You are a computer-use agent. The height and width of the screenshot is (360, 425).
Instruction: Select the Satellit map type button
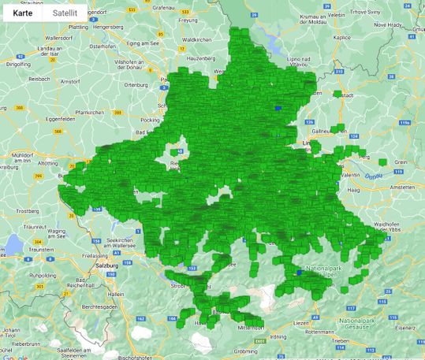65,13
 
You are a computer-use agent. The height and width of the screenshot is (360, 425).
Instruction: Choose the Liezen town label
301,323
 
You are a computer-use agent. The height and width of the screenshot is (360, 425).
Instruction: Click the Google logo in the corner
16,356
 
